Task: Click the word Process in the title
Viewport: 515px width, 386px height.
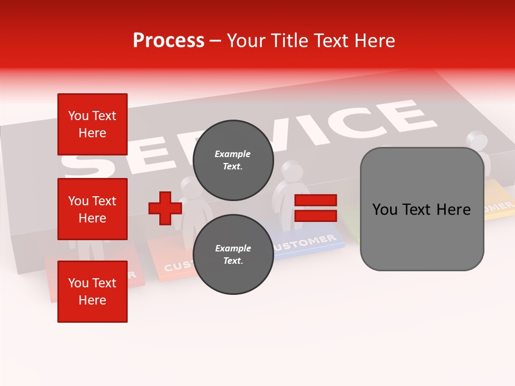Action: [168, 41]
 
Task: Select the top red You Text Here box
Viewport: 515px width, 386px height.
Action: [92, 124]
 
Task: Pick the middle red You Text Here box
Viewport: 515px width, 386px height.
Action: [92, 209]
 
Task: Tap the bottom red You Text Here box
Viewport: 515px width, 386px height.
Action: [92, 292]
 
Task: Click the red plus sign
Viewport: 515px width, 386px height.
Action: [165, 209]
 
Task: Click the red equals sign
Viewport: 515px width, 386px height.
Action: [315, 209]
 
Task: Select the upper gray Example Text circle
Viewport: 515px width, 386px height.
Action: [233, 160]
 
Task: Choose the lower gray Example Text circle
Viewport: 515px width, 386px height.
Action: [233, 254]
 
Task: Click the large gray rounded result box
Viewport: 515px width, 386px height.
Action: [422, 209]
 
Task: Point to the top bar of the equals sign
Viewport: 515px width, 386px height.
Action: [315, 201]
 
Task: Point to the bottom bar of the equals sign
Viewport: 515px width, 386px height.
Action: [315, 216]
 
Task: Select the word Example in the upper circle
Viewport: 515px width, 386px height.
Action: [233, 154]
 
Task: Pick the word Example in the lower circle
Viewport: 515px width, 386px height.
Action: [233, 248]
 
